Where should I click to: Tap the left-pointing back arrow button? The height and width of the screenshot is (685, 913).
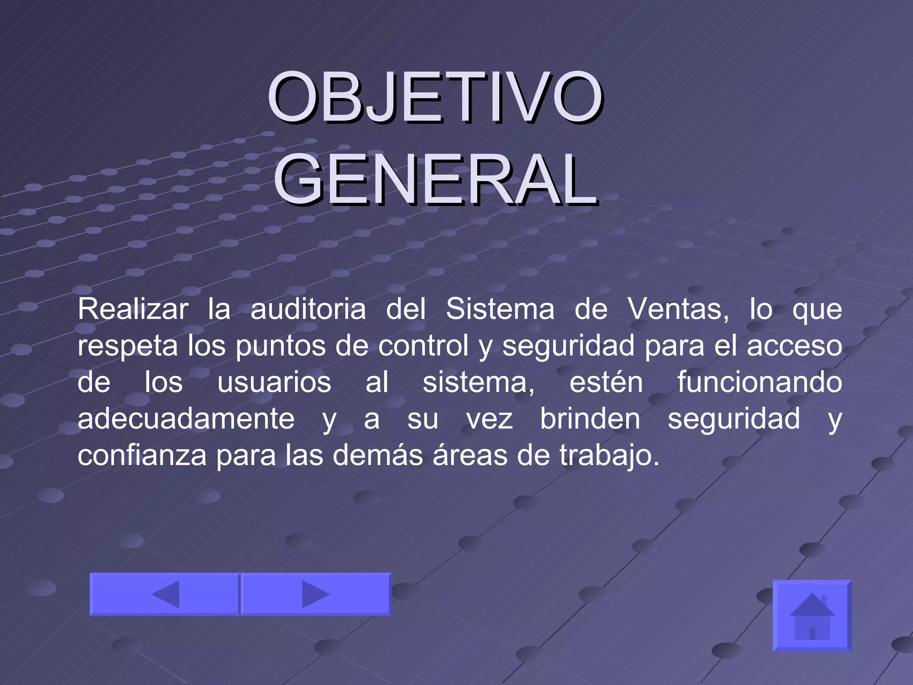165,594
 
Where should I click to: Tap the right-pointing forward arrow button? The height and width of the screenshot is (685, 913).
316,594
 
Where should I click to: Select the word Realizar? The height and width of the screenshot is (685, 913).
133,309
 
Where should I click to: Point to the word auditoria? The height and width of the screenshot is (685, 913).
308,309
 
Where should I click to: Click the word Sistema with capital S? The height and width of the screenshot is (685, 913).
500,309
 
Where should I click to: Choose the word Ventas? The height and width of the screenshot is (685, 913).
678,309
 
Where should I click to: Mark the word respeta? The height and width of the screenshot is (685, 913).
127,347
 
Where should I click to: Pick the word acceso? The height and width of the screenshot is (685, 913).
794,347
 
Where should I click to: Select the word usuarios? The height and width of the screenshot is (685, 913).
274,383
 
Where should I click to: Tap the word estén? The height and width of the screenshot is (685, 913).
606,383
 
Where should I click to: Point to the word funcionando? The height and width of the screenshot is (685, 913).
760,383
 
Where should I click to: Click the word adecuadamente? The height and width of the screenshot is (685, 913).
186,419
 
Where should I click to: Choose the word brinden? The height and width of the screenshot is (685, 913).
590,419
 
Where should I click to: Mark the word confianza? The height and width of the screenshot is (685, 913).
142,456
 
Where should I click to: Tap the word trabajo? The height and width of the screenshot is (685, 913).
609,457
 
